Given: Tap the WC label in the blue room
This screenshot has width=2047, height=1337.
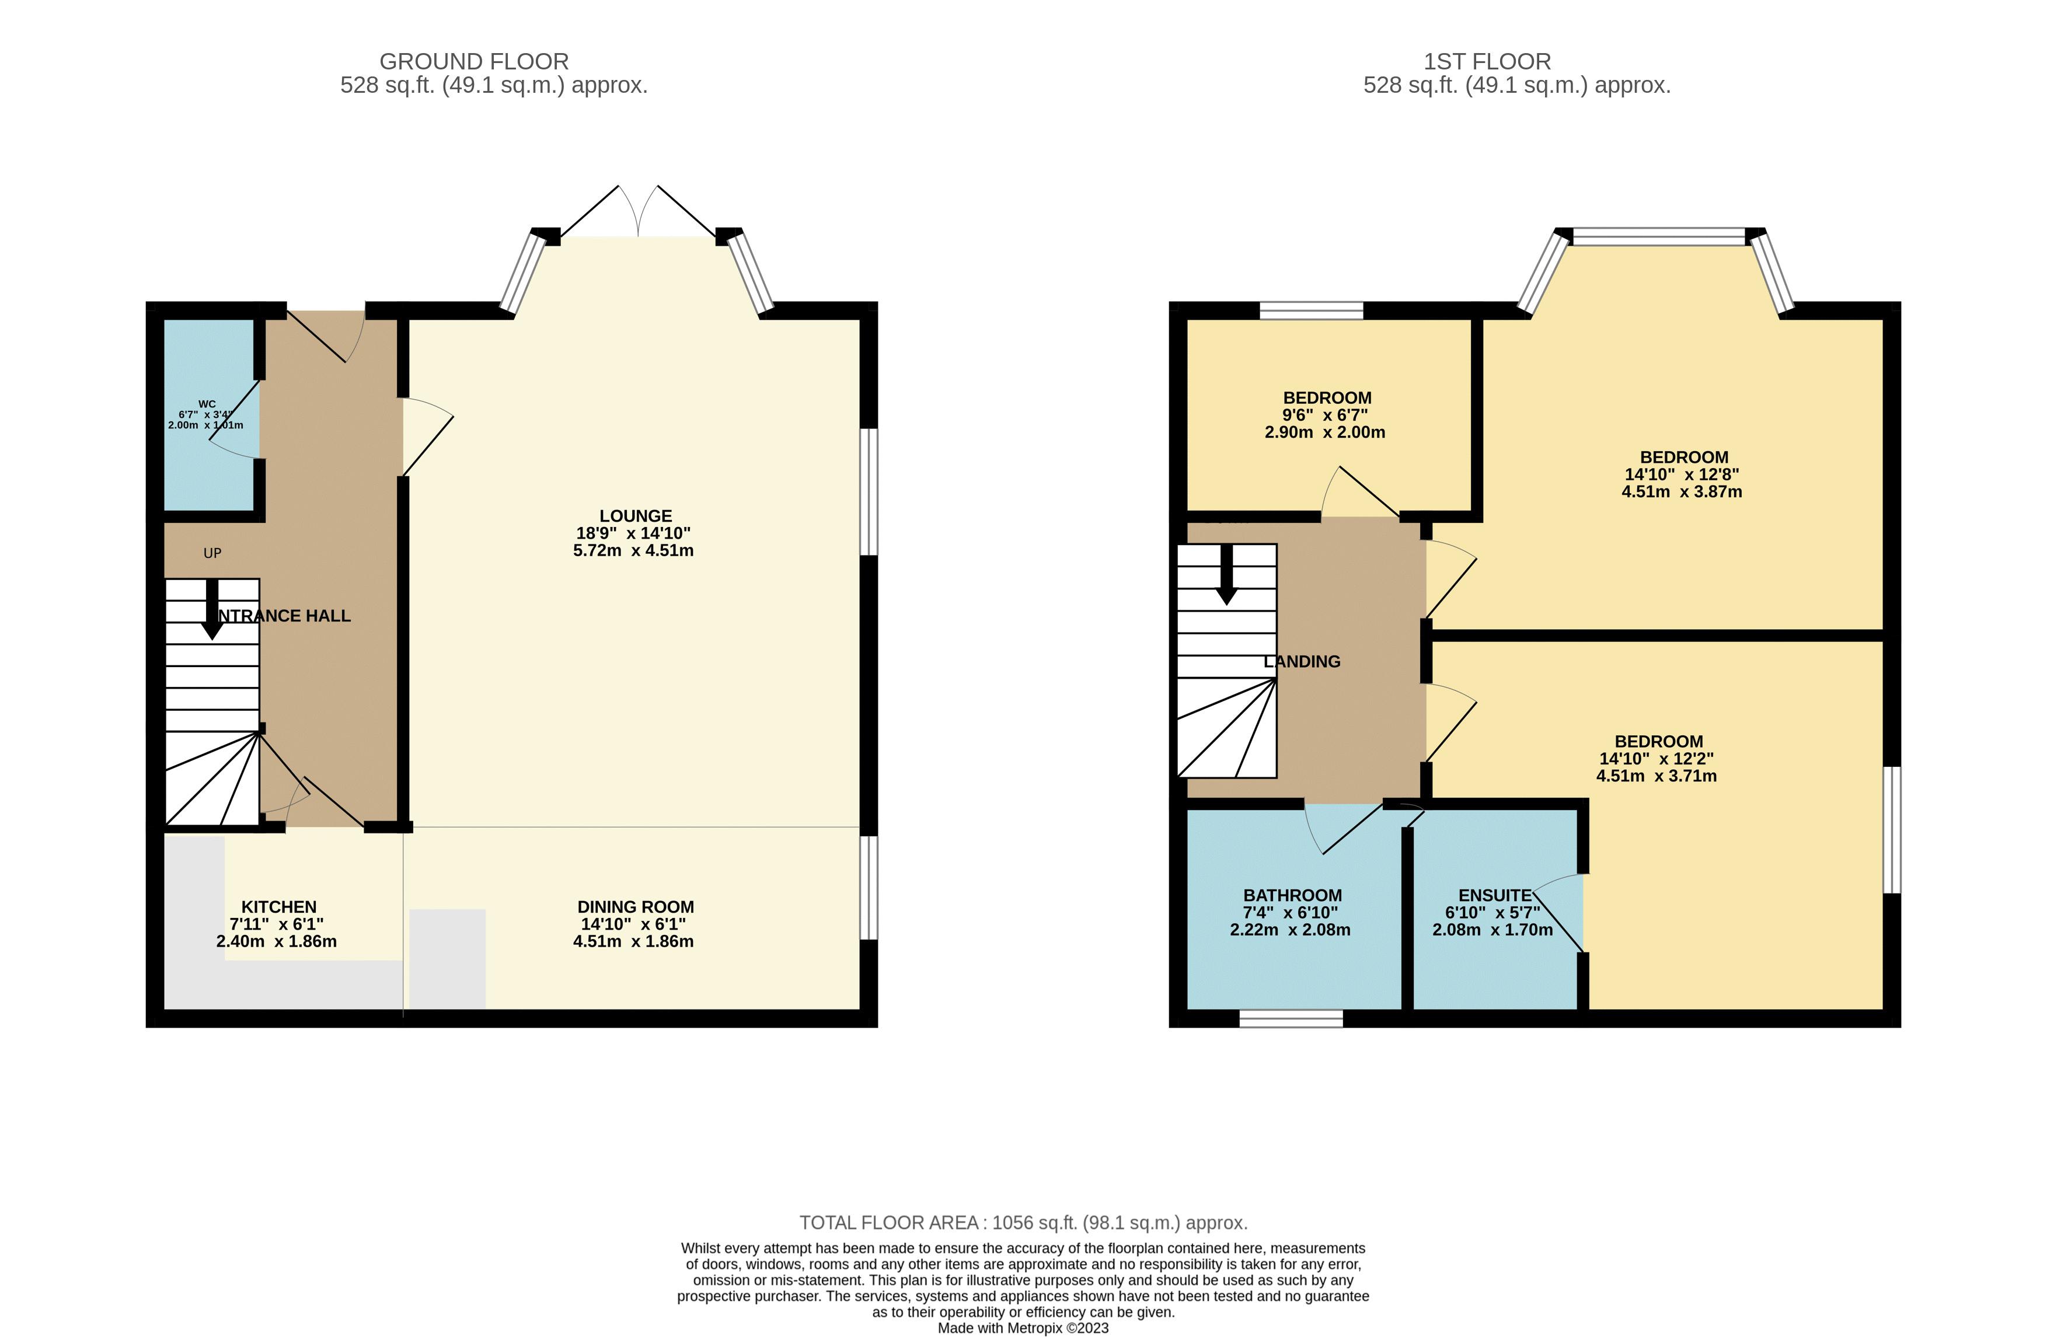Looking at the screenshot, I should (207, 404).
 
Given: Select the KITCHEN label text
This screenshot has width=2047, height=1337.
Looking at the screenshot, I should (278, 907).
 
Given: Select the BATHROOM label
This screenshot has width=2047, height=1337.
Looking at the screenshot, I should (1292, 895).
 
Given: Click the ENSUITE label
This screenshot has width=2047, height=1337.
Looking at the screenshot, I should (1495, 895).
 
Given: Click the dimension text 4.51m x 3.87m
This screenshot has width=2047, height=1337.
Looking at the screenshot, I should (1682, 492).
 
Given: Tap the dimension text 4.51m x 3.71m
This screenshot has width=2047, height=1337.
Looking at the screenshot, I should (1656, 776).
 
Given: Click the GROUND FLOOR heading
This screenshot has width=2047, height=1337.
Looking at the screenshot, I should (474, 62).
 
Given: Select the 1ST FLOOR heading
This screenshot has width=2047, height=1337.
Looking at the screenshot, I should (1487, 62).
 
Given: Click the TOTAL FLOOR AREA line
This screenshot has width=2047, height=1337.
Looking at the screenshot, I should (1024, 1222).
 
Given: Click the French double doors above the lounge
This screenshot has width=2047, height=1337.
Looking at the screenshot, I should (638, 212).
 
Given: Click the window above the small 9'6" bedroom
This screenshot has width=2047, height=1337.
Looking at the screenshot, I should (1311, 310).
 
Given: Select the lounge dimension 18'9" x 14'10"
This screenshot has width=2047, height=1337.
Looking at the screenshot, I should (633, 533).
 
